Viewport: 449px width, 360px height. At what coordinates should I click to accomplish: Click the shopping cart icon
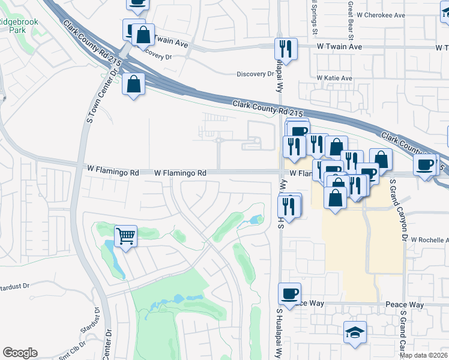point(125,235)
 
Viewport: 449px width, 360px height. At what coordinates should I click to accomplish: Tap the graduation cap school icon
point(355,332)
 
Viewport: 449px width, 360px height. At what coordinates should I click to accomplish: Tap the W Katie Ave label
point(334,78)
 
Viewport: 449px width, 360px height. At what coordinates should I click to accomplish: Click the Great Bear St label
point(349,17)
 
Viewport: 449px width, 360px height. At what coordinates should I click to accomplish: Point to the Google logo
point(20,353)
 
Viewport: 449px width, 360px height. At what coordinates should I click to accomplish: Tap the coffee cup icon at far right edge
point(425,164)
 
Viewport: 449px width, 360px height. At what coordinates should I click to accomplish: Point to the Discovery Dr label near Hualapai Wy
point(255,74)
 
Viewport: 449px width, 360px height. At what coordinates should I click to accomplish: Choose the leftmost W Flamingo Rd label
point(113,172)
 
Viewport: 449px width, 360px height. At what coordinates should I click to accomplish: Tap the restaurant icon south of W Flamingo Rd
point(289,206)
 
